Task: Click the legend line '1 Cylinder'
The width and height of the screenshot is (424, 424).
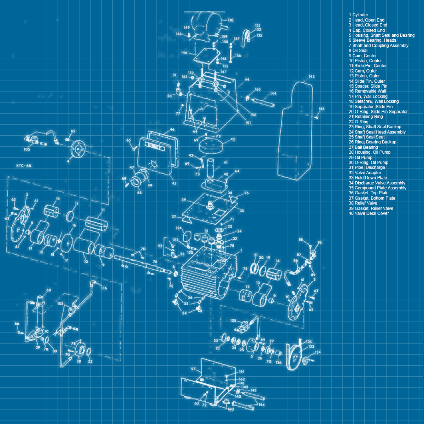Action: (358, 15)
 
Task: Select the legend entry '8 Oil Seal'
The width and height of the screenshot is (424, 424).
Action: (358, 51)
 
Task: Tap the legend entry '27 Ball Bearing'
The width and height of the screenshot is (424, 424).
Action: (363, 147)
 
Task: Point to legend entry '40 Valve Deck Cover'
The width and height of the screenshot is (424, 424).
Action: (369, 213)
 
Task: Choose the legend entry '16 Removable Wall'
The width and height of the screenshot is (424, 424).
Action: (367, 91)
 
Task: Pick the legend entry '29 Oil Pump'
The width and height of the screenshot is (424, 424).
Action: (360, 158)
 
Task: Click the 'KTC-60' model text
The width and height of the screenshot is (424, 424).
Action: (24, 166)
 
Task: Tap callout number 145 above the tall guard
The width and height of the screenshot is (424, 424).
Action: (311, 76)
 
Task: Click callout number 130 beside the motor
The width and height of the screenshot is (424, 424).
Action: (230, 20)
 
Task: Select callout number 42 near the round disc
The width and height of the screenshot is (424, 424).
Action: (232, 139)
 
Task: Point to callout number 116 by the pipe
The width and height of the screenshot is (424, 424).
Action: (104, 288)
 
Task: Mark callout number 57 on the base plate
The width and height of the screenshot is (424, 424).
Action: (193, 369)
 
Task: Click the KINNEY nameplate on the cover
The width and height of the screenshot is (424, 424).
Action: (154, 146)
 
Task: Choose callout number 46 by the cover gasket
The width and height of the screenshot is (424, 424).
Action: (172, 130)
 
